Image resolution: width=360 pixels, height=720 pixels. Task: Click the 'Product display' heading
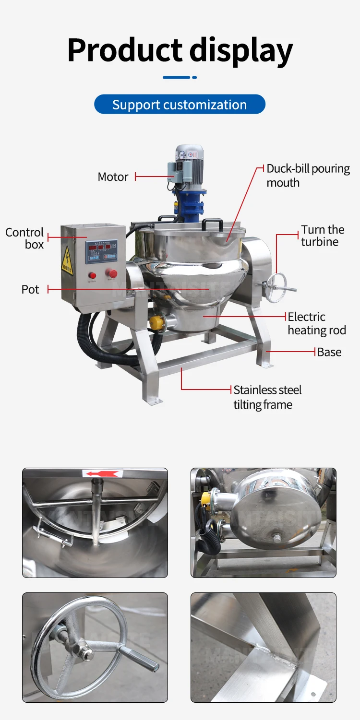tap(180, 50)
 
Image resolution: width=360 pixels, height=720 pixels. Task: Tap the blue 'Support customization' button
tap(180, 105)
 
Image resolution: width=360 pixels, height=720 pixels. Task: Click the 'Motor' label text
tap(113, 177)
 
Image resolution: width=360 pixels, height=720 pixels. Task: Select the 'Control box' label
tap(25, 238)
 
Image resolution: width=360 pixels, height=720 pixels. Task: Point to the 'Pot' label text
tap(30, 290)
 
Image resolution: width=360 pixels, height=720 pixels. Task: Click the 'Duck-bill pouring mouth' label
tap(308, 176)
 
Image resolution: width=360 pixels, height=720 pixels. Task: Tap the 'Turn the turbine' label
tap(323, 236)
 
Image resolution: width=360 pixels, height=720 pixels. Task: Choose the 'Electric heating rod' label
tap(316, 323)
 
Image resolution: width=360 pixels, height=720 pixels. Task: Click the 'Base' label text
tap(329, 352)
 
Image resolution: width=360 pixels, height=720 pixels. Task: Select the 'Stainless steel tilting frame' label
tap(267, 397)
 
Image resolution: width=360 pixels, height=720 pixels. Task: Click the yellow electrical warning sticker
tap(67, 261)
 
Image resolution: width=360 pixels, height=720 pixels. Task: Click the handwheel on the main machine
tap(276, 287)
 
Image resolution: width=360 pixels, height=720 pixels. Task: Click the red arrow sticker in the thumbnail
tap(101, 474)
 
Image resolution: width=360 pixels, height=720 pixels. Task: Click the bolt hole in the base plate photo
tap(313, 694)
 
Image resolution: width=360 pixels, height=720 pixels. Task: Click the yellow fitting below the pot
tap(157, 323)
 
